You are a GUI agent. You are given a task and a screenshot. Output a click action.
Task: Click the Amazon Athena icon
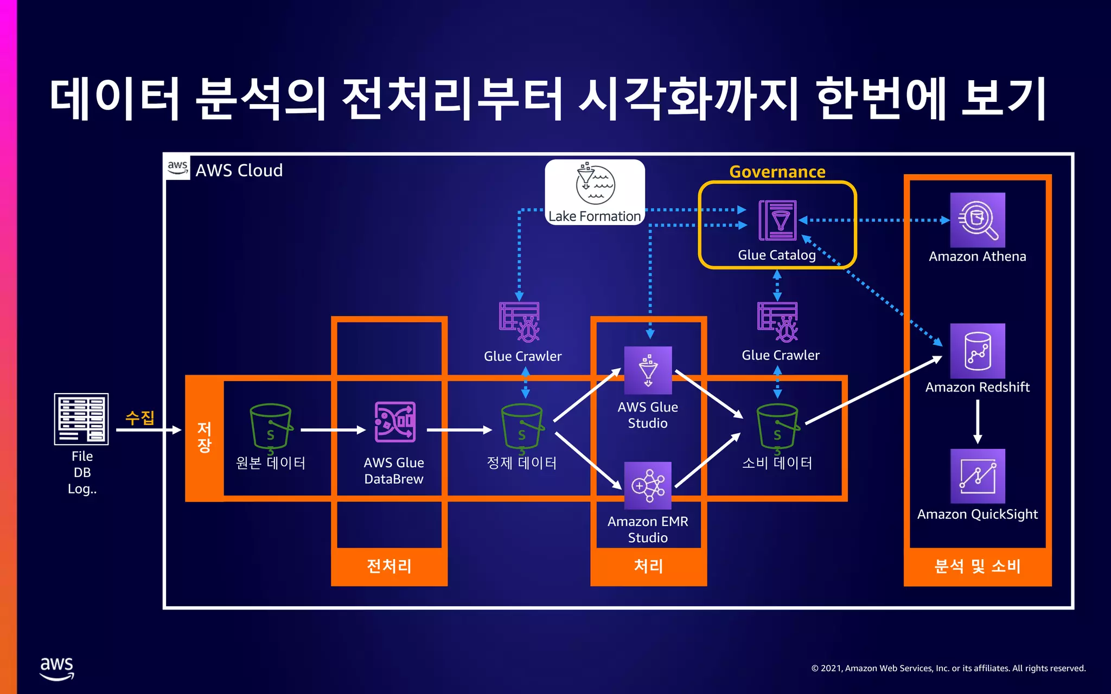pos(977,220)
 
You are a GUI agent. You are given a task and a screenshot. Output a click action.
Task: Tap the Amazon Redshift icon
pos(977,351)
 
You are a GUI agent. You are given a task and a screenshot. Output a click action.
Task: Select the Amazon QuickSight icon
pos(977,476)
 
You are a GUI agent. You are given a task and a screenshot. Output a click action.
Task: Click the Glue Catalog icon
pos(777,220)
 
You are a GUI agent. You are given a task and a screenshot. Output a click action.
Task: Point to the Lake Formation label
pos(595,216)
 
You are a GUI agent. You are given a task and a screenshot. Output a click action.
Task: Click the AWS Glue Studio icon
pos(648,370)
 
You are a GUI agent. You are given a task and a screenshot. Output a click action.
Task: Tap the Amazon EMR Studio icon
pos(648,485)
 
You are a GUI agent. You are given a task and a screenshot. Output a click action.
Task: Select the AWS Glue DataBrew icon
pos(395,422)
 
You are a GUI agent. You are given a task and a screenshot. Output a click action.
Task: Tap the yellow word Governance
pos(777,172)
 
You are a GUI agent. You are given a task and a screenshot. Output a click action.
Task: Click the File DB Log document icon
pos(81,419)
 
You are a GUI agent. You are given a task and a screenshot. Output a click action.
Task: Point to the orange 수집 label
pos(140,417)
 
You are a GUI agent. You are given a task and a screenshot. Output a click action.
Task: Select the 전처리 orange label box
pos(389,566)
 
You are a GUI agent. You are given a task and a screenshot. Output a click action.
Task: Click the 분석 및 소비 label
pos(977,566)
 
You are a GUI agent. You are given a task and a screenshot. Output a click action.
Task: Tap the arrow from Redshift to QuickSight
pos(978,422)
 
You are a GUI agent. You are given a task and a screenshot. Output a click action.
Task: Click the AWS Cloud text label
pos(239,170)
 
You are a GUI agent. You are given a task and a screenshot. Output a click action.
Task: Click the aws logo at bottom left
pos(57,668)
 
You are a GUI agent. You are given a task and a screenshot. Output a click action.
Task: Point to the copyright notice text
pos(948,668)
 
